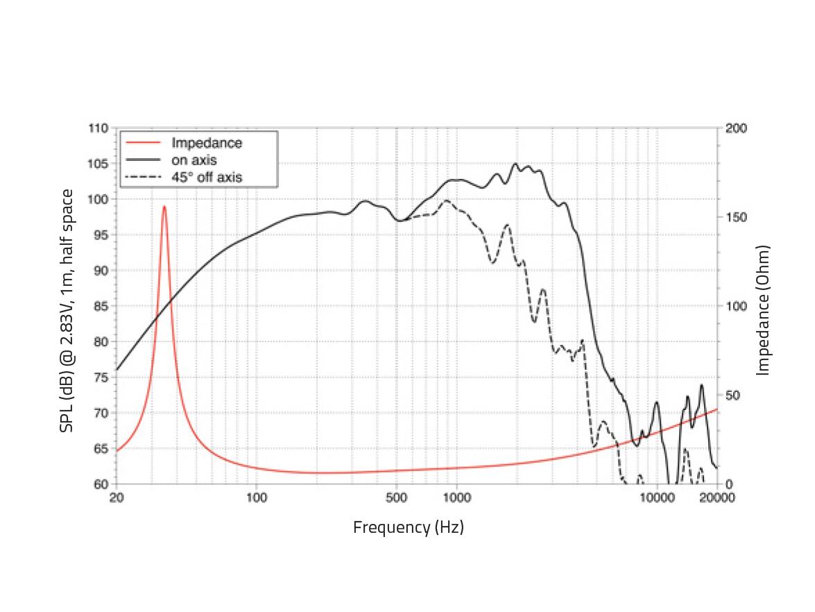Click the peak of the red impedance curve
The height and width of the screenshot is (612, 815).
click(164, 206)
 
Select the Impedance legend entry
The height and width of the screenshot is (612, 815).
click(207, 143)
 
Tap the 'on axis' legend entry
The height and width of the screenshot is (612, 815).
click(194, 160)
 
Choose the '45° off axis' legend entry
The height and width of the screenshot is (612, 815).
click(207, 178)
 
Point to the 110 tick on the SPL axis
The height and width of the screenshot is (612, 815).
click(98, 128)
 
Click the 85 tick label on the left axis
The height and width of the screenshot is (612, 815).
click(101, 306)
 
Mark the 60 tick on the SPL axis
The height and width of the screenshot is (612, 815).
click(101, 484)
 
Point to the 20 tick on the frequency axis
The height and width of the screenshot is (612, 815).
click(117, 498)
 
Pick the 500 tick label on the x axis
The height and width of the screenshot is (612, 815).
click(396, 498)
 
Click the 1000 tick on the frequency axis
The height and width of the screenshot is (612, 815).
click(456, 498)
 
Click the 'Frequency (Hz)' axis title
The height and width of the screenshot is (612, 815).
click(408, 527)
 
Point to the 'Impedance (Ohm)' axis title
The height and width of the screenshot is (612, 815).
click(764, 309)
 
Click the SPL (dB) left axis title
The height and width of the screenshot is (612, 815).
click(67, 309)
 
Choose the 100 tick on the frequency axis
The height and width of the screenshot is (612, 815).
click(257, 498)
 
